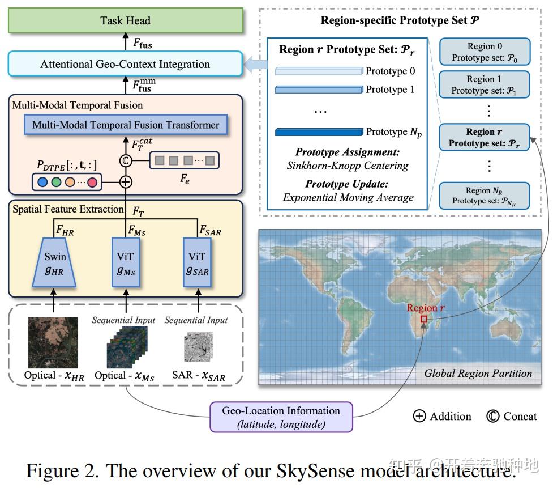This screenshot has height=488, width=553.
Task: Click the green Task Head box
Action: [125, 21]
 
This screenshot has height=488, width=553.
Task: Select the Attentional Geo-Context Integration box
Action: [125, 64]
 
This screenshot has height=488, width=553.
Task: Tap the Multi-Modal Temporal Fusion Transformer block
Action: [126, 125]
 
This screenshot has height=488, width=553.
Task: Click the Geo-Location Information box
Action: [281, 417]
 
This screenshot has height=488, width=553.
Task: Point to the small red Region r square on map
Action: [423, 319]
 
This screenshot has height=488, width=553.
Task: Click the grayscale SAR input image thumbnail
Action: [198, 347]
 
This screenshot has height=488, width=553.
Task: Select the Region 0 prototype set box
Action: [484, 52]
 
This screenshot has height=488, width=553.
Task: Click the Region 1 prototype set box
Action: [484, 85]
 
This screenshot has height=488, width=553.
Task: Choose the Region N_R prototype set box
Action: [484, 196]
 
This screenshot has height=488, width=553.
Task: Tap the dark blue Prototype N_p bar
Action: [318, 133]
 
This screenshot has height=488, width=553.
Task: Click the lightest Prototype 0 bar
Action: [318, 71]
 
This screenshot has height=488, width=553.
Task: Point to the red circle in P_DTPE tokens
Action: [92, 183]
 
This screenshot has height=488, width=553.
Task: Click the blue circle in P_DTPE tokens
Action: [42, 183]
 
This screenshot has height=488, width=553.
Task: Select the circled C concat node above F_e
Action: [126, 161]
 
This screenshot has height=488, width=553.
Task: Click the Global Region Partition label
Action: [478, 374]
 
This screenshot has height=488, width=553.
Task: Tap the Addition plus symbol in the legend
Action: [419, 417]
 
